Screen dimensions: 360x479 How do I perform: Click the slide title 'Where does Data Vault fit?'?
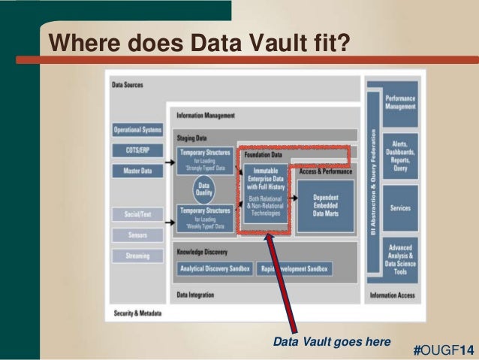pyautogui.click(x=199, y=43)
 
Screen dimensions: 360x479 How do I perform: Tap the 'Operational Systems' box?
pyautogui.click(x=137, y=130)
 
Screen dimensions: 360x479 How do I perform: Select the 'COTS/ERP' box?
pyautogui.click(x=137, y=150)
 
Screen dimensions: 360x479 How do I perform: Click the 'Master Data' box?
pyautogui.click(x=137, y=171)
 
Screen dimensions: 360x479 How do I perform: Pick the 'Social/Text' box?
pyautogui.click(x=137, y=214)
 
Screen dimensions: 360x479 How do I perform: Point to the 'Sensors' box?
pyautogui.click(x=137, y=235)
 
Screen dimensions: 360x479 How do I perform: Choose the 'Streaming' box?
pyautogui.click(x=137, y=256)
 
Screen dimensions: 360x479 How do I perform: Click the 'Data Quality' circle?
pyautogui.click(x=203, y=188)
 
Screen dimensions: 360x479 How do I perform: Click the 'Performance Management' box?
pyautogui.click(x=401, y=102)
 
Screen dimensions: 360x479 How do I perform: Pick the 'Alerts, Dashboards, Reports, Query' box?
pyautogui.click(x=401, y=154)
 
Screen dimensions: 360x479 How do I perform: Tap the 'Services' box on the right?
pyautogui.click(x=401, y=208)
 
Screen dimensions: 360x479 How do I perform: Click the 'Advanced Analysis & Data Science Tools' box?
pyautogui.click(x=401, y=259)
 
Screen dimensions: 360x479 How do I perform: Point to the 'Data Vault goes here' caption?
pyautogui.click(x=331, y=342)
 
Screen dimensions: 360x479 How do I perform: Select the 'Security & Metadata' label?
pyautogui.click(x=137, y=313)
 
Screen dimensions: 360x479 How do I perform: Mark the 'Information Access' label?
pyautogui.click(x=392, y=295)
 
